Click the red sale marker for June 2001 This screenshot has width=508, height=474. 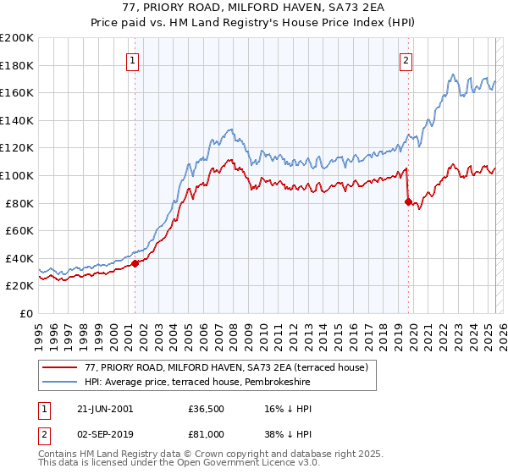point(135,263)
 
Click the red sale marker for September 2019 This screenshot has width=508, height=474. point(408,201)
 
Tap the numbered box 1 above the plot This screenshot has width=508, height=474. point(135,60)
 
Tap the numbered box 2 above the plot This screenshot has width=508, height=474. point(407,60)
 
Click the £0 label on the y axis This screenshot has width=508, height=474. point(27,313)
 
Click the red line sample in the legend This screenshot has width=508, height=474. point(60,368)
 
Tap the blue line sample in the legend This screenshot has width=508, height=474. point(60,383)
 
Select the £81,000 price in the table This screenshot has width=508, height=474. point(207,433)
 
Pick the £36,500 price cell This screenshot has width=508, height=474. point(207,409)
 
